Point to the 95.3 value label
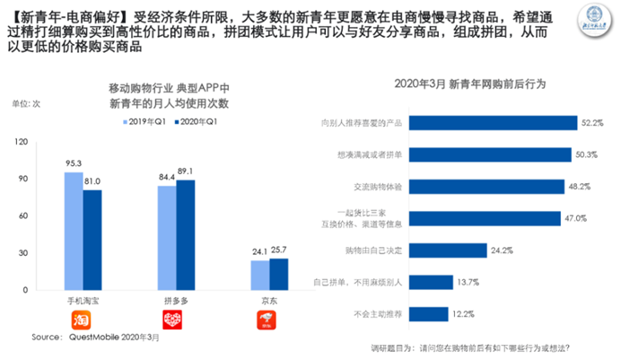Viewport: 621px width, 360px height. click(x=74, y=163)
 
